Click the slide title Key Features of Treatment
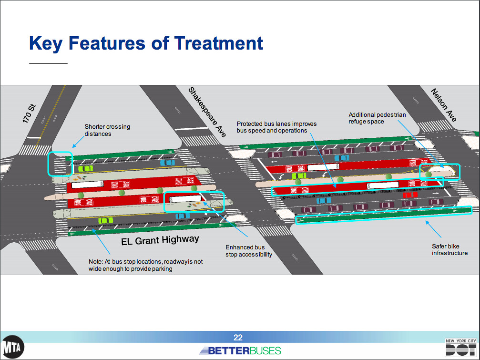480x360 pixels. pyautogui.click(x=146, y=43)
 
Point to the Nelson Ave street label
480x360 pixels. pyautogui.click(x=444, y=105)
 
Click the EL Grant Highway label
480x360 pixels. pyautogui.click(x=160, y=240)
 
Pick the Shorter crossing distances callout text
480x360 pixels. pyautogui.click(x=107, y=130)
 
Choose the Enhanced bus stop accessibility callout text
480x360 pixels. pyautogui.click(x=248, y=251)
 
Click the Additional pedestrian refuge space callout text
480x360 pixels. pyautogui.click(x=377, y=118)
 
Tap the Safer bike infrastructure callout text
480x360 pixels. pyautogui.click(x=449, y=249)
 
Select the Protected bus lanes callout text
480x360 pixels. pyautogui.click(x=276, y=127)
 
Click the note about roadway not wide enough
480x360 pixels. pyautogui.click(x=145, y=265)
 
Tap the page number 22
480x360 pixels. pyautogui.click(x=238, y=338)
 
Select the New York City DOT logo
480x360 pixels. pyautogui.click(x=460, y=348)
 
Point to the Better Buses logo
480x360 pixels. pyautogui.click(x=240, y=351)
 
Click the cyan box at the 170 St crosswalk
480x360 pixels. pyautogui.click(x=60, y=164)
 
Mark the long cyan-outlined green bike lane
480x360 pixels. pyautogui.click(x=384, y=215)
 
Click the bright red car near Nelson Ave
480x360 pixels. pyautogui.click(x=410, y=195)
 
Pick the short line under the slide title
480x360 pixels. pyautogui.click(x=48, y=63)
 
